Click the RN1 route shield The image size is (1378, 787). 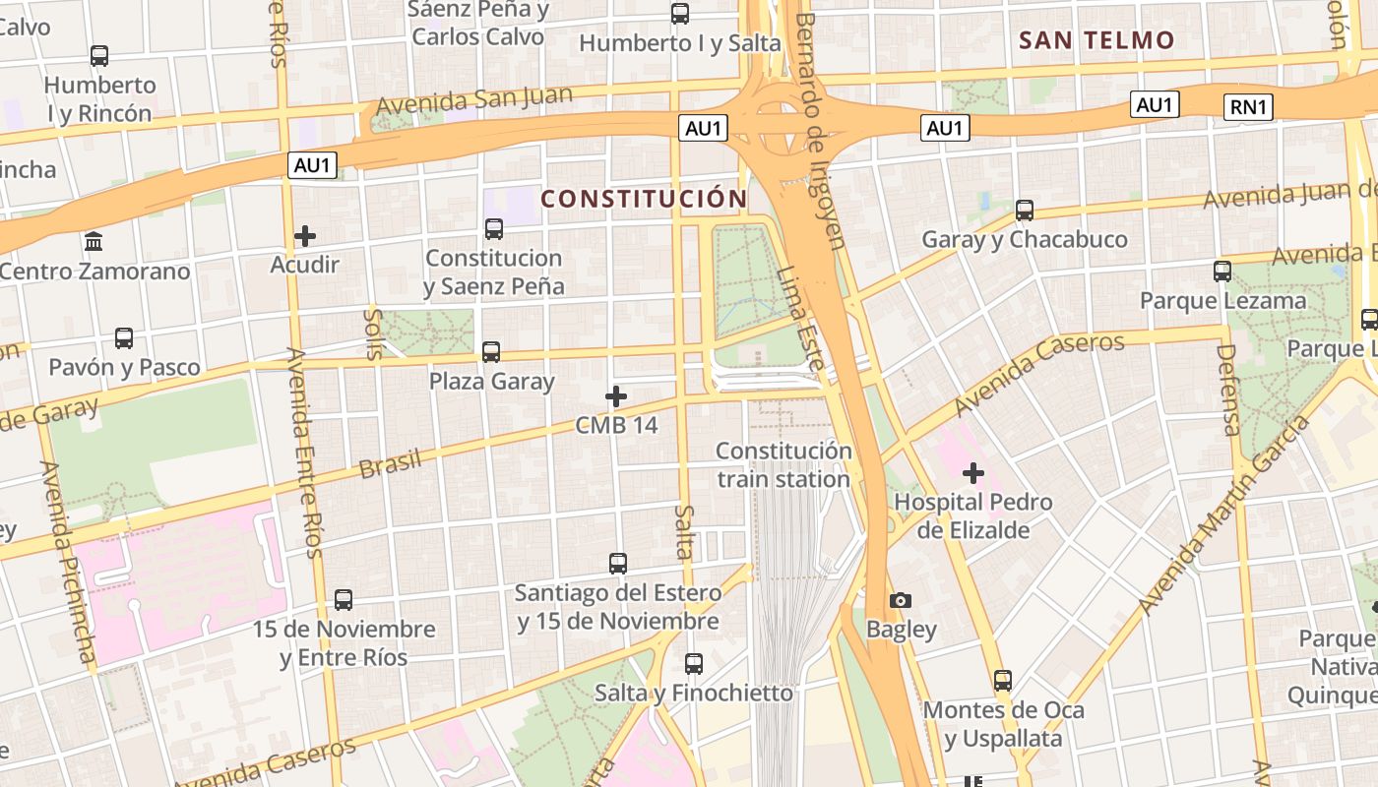point(1248,107)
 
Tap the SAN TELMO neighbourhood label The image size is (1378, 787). point(1096,40)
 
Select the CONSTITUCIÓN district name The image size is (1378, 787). point(644,199)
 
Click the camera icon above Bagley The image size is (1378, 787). point(900,600)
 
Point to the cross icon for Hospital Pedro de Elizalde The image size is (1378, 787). point(973,473)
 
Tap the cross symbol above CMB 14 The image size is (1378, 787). point(616,396)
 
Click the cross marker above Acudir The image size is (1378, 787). point(305,236)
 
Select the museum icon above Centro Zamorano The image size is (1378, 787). point(94,241)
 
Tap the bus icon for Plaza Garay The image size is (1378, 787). point(491,351)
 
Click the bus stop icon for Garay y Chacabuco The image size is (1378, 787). point(1025,210)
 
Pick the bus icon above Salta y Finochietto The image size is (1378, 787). point(694,664)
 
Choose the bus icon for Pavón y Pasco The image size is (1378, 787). point(124,338)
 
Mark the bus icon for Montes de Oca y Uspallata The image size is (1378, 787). point(1003,681)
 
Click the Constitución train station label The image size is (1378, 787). point(783,465)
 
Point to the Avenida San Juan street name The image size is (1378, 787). point(474,102)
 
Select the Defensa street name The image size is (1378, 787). point(1229,390)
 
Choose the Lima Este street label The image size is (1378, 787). point(799,320)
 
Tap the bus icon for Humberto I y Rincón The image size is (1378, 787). point(99,56)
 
